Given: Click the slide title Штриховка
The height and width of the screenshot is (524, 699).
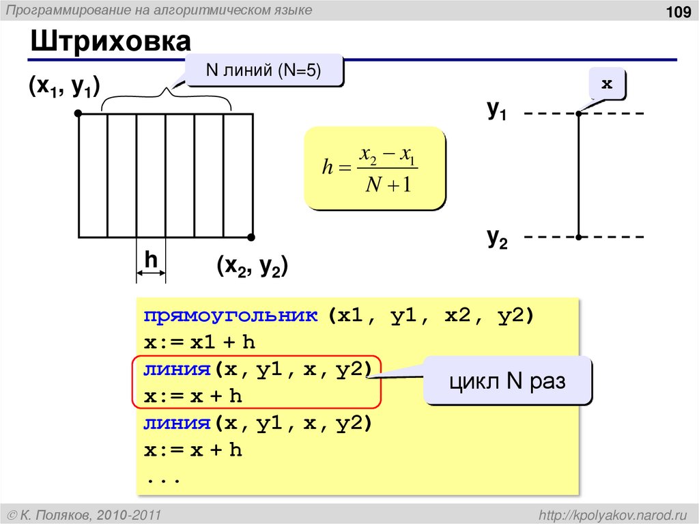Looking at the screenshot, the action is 110,43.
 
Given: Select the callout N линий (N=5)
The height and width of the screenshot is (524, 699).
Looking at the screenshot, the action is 264,70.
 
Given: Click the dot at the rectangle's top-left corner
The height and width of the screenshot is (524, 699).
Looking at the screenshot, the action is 79,114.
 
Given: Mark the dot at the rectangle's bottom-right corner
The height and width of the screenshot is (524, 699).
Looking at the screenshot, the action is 251,237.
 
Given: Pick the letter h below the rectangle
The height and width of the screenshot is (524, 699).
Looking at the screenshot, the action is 151,260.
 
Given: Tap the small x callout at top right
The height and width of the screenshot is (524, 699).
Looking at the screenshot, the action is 606,84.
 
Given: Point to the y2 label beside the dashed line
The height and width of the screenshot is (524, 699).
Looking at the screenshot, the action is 496,237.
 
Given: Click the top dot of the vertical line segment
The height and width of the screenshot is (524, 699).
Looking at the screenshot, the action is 578,113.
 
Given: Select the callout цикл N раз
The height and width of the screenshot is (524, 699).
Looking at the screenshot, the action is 507,381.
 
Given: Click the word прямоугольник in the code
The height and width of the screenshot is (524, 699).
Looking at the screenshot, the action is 231,316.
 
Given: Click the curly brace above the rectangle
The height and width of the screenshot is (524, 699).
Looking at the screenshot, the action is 167,96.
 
